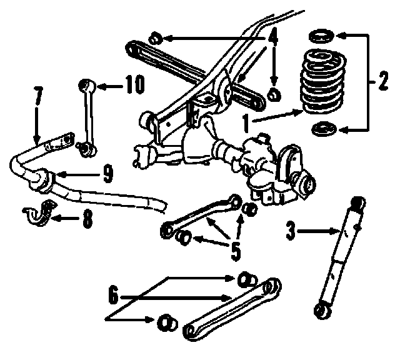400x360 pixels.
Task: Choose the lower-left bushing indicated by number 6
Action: (x=164, y=321)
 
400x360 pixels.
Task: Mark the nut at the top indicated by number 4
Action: (x=157, y=38)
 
